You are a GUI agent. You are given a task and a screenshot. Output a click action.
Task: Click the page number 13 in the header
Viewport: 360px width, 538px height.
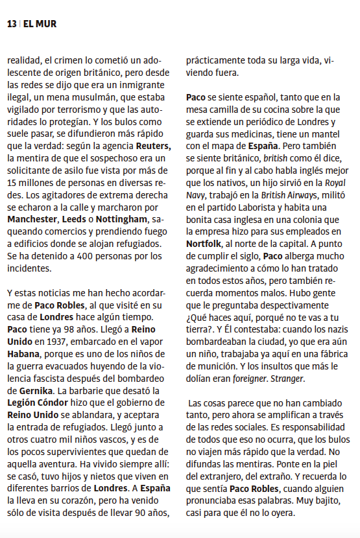click(x=12, y=24)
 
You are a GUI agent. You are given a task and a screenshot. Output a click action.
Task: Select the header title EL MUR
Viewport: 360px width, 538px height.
click(x=40, y=24)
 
